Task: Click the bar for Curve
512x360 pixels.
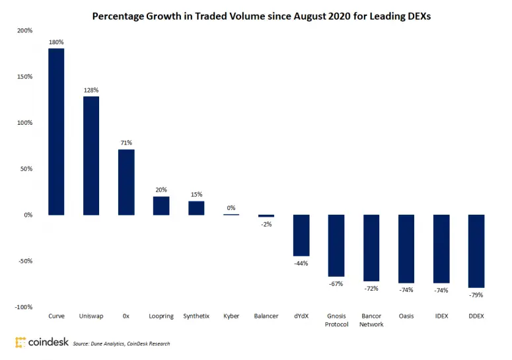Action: [56, 131]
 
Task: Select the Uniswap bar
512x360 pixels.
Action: [91, 155]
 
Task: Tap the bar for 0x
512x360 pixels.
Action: [126, 182]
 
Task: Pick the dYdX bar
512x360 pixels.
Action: [301, 235]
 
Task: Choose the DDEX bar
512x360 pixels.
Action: [476, 251]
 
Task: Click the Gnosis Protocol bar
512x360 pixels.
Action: [336, 246]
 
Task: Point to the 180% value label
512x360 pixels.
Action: [56, 42]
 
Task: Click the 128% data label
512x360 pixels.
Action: [91, 90]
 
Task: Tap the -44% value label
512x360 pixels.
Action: [301, 263]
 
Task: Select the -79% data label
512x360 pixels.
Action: [476, 295]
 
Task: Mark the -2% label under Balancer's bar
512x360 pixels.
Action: [266, 225]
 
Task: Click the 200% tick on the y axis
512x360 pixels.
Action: [24, 30]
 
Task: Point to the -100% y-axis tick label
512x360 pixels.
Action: [23, 307]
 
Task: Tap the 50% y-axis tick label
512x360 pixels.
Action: [26, 168]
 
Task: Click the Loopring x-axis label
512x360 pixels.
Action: [161, 316]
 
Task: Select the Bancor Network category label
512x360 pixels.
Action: [371, 320]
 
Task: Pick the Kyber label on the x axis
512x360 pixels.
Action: [231, 316]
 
